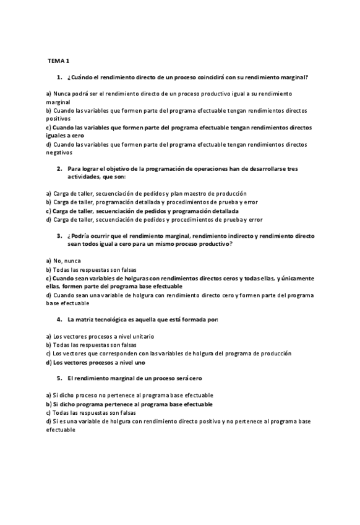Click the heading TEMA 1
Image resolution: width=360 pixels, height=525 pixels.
click(x=59, y=61)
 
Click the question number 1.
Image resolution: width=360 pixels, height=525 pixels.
click(x=59, y=77)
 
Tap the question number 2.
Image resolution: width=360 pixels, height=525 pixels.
click(x=59, y=168)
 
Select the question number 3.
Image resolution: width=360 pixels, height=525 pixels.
click(x=59, y=236)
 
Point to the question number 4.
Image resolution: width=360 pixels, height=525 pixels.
click(x=59, y=319)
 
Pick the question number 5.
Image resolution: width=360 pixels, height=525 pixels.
click(x=59, y=378)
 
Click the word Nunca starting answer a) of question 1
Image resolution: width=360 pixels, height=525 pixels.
click(x=63, y=93)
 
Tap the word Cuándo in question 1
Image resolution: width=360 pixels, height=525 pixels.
click(x=85, y=77)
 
